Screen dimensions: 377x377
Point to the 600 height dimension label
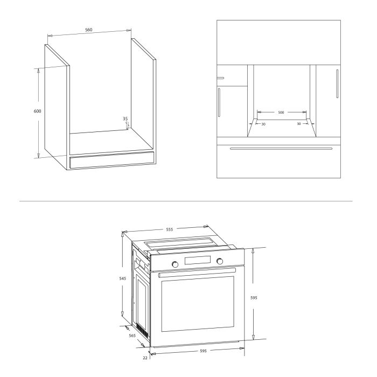click(37, 111)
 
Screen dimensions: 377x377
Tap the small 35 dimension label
click(125, 118)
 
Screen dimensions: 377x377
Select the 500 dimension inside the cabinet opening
click(281, 113)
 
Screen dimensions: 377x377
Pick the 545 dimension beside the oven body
click(123, 279)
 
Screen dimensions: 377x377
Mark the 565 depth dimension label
click(132, 335)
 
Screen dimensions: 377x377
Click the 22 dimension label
click(145, 357)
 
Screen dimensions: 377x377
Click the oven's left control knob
click(174, 264)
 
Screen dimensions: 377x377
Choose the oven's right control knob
click(220, 261)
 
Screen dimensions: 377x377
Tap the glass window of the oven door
click(198, 304)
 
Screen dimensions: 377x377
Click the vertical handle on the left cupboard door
click(219, 102)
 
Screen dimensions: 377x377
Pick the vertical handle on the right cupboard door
click(337, 84)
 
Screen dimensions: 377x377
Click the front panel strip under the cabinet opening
click(111, 160)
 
